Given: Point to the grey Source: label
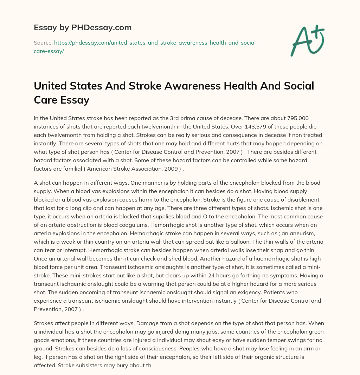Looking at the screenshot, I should click(x=43, y=43).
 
